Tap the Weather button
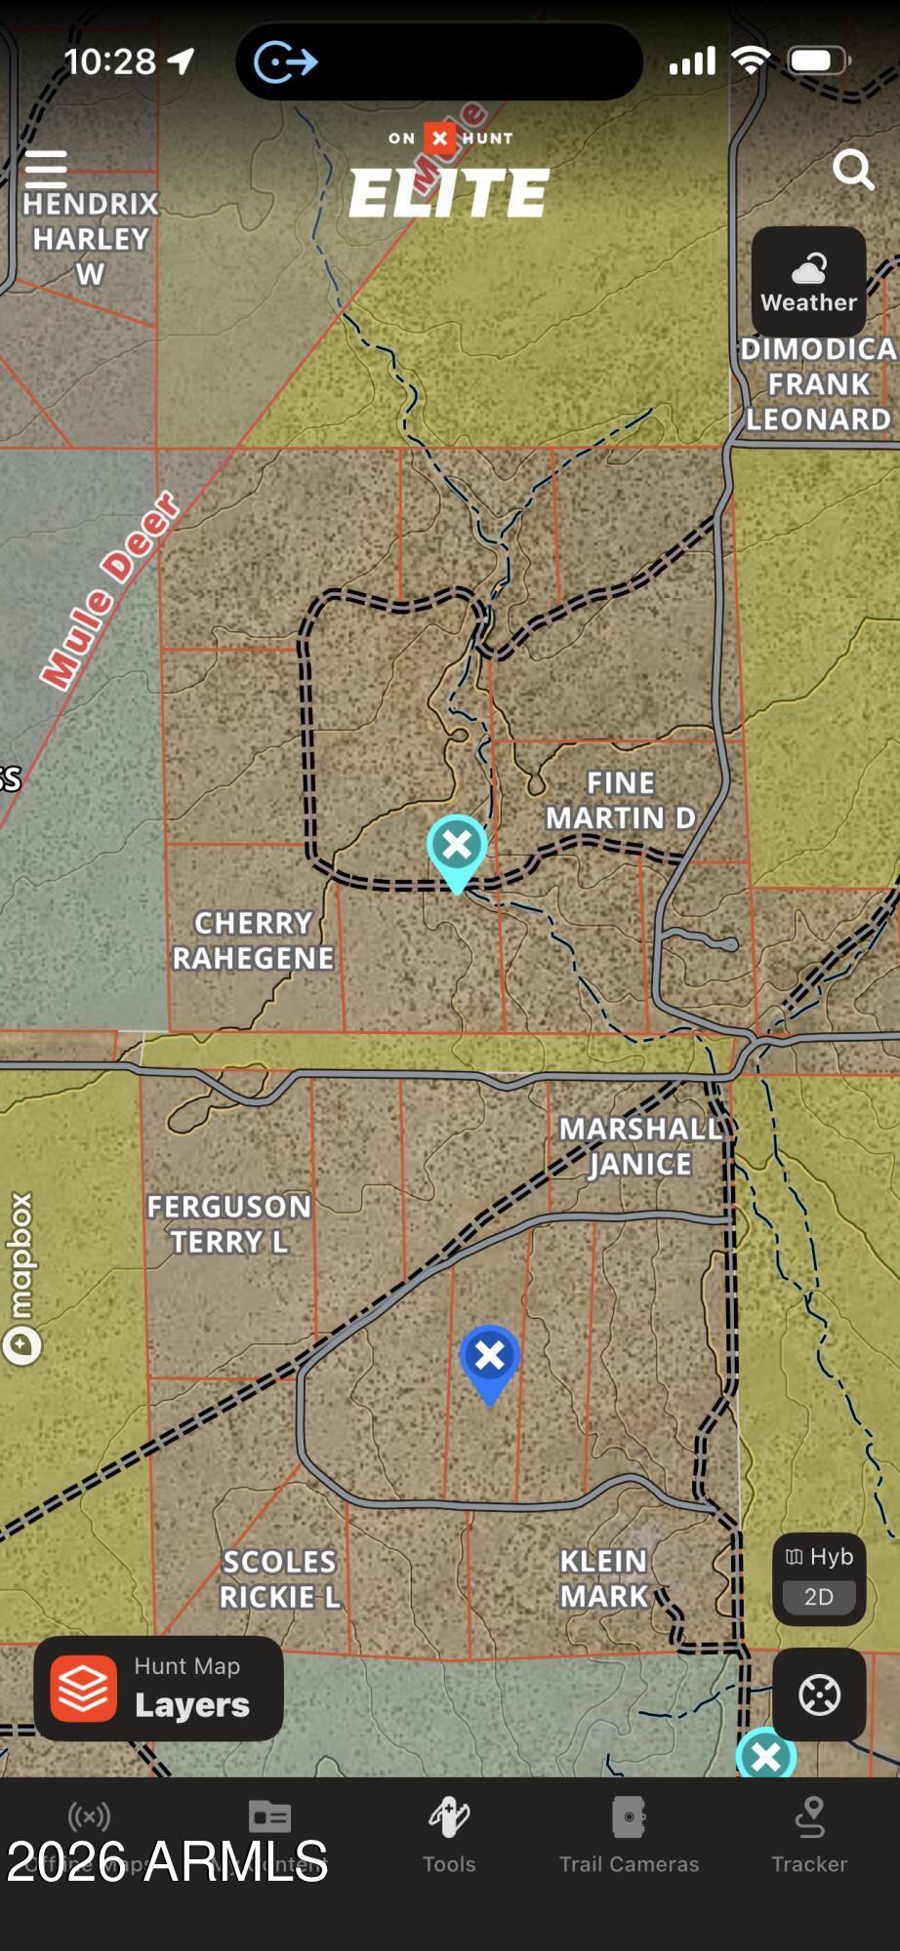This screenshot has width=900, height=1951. point(808,283)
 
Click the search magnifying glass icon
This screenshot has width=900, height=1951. point(853,170)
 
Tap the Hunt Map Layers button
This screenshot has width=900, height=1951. point(159,1689)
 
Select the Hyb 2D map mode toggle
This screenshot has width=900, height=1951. point(819,1577)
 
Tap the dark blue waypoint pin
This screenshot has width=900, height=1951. point(489,1359)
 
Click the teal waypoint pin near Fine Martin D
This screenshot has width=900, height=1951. point(457,847)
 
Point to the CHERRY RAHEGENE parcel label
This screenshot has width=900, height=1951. point(253,940)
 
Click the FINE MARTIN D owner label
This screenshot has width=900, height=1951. point(620,800)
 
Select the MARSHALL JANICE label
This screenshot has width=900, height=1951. point(640,1146)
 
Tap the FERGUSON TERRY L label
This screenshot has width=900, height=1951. point(229,1224)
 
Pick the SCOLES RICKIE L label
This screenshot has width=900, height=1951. point(280,1579)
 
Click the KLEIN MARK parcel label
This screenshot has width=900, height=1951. point(604,1578)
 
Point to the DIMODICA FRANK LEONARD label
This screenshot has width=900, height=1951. point(818,384)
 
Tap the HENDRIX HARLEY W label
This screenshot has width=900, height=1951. point(91,239)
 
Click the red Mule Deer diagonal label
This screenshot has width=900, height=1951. point(109,590)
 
